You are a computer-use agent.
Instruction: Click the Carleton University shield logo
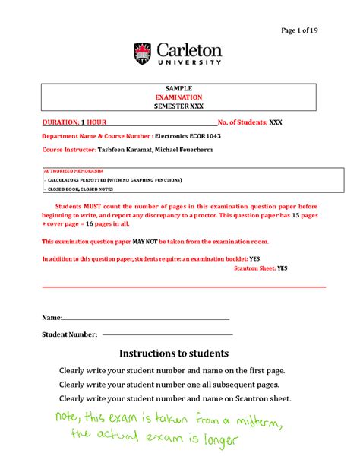(x=143, y=54)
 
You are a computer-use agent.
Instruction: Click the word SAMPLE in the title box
(x=179, y=88)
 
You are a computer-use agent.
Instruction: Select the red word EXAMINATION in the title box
(x=179, y=97)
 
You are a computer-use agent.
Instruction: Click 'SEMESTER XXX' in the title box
(x=179, y=106)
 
